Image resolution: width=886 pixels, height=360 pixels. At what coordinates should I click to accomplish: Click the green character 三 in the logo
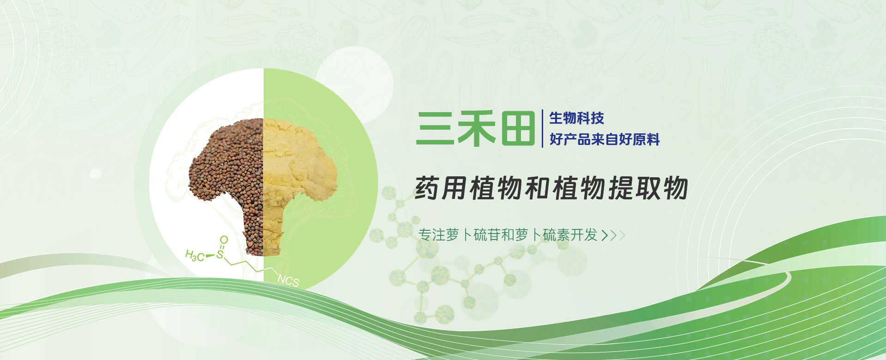pos(434,128)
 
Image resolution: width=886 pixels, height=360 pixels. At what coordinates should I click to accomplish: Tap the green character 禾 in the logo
pos(476,128)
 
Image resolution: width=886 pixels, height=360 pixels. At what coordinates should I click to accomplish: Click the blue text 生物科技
pos(577,118)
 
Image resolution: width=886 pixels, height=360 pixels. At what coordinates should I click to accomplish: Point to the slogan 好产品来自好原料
pos(605,139)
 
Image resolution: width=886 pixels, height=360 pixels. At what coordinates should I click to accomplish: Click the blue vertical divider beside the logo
pos(542,128)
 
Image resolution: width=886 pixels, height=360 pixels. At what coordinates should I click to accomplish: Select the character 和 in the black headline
pos(538,188)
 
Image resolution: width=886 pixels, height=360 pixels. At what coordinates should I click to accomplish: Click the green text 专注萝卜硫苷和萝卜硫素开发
pos(508,235)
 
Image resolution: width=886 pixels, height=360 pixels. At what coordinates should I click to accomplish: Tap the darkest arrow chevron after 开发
pos(605,236)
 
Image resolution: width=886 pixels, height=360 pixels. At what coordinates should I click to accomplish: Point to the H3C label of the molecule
pos(195,255)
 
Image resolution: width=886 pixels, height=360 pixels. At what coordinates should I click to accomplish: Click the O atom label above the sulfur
pos(224,240)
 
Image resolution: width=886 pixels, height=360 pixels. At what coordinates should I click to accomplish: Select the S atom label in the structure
pos(220,254)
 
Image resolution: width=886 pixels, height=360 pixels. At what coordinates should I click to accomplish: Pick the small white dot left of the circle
pos(96,174)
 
